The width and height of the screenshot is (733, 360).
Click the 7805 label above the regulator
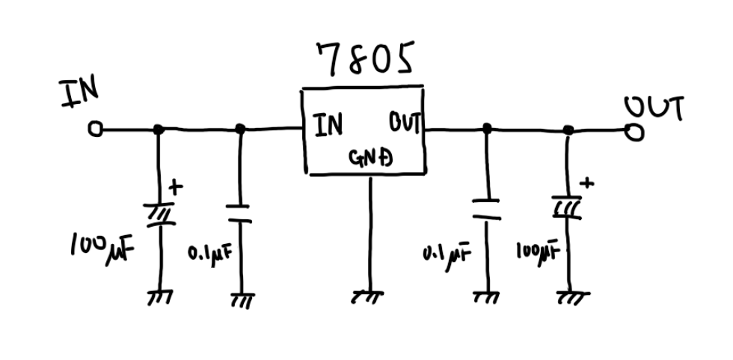coord(364,59)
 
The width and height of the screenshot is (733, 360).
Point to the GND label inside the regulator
coord(372,158)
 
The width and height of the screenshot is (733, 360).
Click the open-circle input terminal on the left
coord(94,129)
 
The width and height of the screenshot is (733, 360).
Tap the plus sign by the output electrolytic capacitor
coord(587,182)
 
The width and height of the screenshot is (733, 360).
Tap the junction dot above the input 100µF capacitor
coord(159,129)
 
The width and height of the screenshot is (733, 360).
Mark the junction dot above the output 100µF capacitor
coord(568,130)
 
